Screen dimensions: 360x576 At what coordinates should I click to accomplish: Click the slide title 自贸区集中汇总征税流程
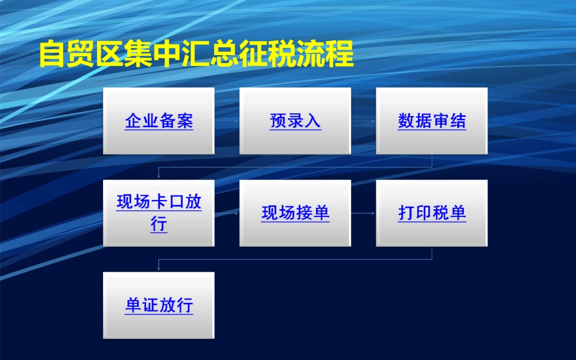point(196,55)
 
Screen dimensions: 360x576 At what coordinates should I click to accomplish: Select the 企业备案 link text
point(159,121)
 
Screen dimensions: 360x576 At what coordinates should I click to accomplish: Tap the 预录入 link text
point(295,121)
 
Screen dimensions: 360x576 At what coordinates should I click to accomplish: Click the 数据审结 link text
point(432,121)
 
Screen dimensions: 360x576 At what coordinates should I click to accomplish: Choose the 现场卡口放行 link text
point(159,213)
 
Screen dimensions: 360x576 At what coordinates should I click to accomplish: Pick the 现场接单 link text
point(295,213)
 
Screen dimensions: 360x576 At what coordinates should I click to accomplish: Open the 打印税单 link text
point(432,213)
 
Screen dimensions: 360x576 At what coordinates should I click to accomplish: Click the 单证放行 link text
point(159,305)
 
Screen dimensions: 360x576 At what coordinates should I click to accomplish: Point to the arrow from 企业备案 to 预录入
point(227,121)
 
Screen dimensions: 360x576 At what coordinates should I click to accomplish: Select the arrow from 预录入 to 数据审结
point(363,121)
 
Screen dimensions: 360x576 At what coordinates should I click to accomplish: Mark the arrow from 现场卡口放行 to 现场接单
point(227,213)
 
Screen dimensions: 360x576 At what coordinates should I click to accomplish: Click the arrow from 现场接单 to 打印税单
point(363,213)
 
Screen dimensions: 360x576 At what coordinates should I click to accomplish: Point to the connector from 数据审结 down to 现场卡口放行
point(295,166)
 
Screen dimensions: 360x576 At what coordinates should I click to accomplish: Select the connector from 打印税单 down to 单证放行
point(295,259)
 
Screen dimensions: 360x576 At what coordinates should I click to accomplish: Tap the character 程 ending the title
point(341,55)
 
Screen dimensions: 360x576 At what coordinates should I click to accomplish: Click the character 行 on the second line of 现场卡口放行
point(159,225)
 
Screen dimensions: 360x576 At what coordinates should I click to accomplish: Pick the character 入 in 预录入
point(312,121)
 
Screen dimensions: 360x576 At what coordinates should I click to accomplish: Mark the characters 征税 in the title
point(268,55)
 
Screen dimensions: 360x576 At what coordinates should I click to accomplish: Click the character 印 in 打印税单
point(423,213)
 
